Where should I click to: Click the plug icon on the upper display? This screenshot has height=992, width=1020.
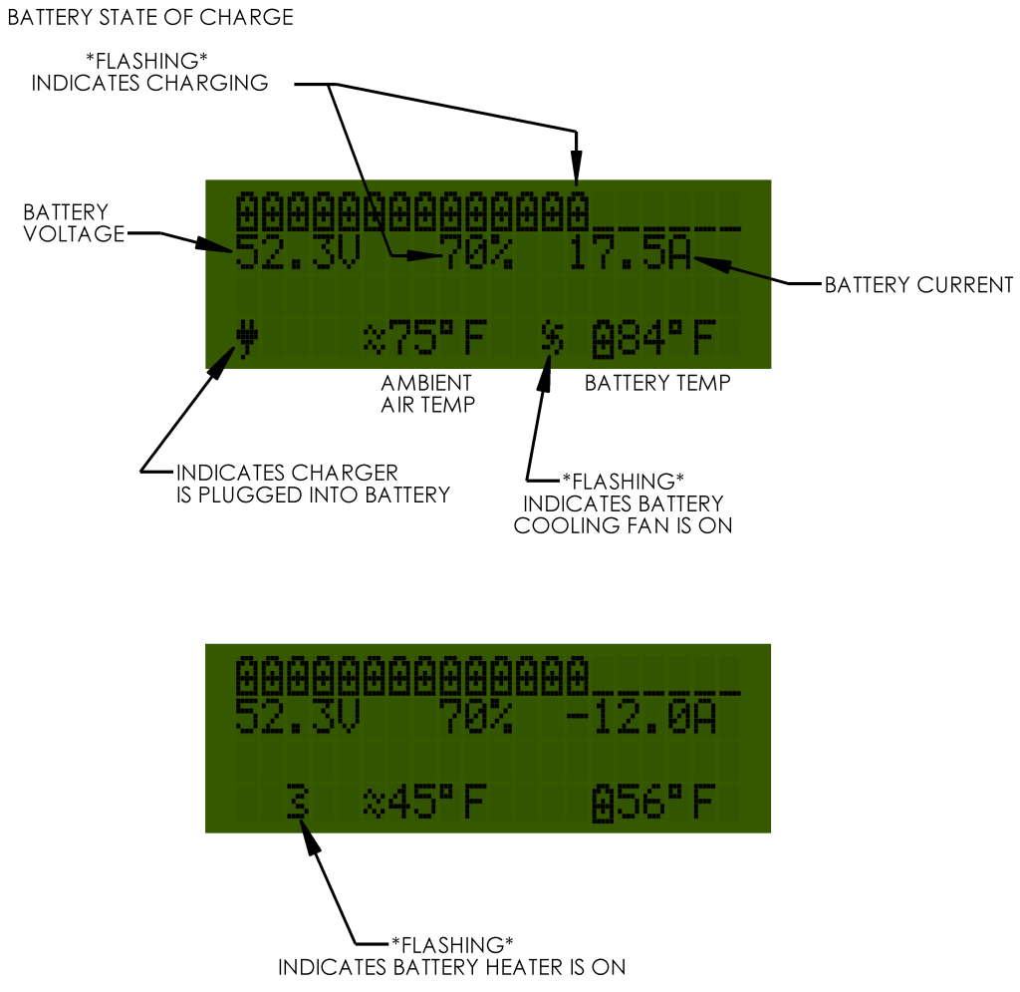coord(245,340)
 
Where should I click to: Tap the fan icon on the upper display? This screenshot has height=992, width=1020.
coord(552,340)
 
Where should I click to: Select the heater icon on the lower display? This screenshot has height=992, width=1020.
coord(296,803)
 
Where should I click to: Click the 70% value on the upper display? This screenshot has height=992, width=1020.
coord(477,255)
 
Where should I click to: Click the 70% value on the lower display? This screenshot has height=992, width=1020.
coord(477,718)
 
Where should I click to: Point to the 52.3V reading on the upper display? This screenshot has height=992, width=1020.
coord(298,255)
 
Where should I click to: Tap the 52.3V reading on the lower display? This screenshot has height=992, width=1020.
coord(298,718)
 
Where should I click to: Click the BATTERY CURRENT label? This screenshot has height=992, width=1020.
coord(918,286)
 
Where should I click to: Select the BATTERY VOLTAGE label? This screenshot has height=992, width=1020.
coord(66,223)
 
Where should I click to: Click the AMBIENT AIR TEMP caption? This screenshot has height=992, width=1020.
coord(427,393)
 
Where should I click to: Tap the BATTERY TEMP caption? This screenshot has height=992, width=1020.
coord(657,383)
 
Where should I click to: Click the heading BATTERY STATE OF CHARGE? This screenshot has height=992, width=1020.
coord(150,18)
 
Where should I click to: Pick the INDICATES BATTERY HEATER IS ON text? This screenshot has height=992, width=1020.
coord(451,967)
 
